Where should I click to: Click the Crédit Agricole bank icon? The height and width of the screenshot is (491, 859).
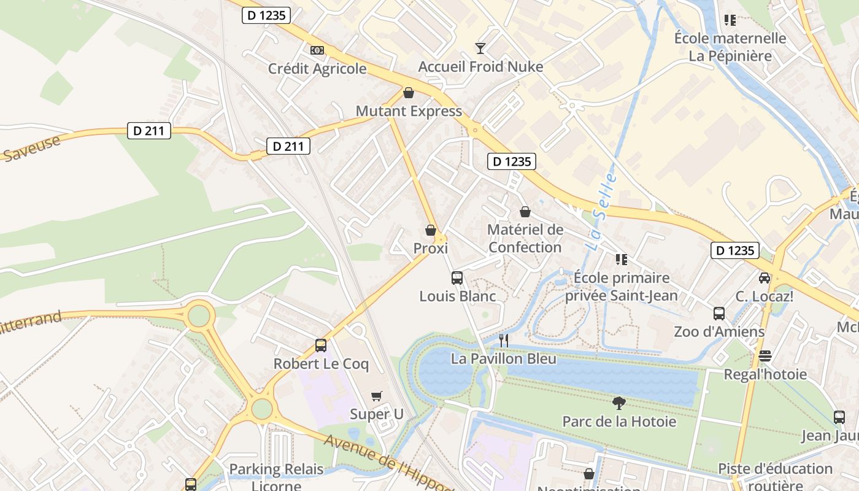click(x=317, y=50)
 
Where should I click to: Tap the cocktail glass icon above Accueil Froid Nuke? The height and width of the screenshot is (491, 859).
click(x=480, y=48)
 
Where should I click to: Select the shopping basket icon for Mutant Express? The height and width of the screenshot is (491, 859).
click(x=409, y=93)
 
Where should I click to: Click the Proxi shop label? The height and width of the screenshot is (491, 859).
click(x=430, y=249)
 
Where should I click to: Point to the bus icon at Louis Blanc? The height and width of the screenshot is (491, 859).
click(x=457, y=277)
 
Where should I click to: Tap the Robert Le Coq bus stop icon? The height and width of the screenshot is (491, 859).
click(x=321, y=345)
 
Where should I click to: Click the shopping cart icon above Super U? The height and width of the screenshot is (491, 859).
click(x=377, y=396)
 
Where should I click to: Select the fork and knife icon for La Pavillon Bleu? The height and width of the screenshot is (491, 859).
click(x=504, y=340)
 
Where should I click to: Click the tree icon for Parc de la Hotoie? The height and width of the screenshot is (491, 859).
click(x=619, y=403)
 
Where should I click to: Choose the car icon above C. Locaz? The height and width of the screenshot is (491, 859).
click(x=765, y=277)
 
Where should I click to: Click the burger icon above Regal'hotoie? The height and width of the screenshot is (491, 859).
click(x=765, y=356)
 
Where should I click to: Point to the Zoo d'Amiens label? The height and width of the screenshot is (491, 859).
click(x=719, y=332)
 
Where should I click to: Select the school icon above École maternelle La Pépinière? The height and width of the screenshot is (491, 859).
click(x=730, y=20)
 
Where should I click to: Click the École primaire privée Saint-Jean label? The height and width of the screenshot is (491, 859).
click(x=621, y=287)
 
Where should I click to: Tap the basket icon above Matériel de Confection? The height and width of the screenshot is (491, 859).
click(x=525, y=212)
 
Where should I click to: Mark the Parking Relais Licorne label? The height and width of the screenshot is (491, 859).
click(x=276, y=477)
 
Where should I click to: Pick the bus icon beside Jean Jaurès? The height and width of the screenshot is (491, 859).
click(x=839, y=417)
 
